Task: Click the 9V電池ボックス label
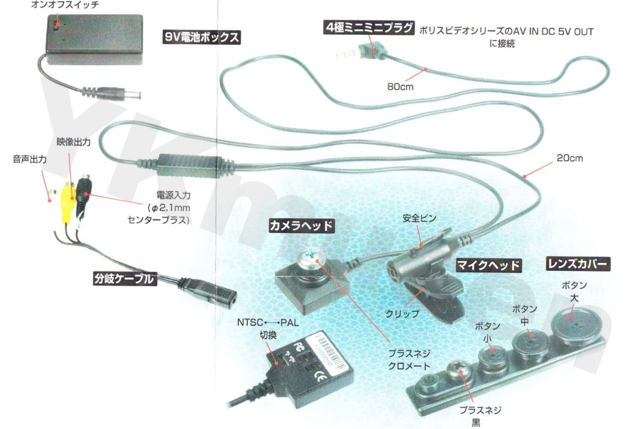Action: [x=201, y=37]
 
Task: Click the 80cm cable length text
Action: [x=400, y=86]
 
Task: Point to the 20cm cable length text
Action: [x=570, y=158]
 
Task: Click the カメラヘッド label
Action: [x=302, y=226]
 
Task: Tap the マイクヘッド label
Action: [x=489, y=265]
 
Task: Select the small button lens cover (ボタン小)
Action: [x=491, y=360]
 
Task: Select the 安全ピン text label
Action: [x=419, y=218]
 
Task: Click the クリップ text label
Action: [x=402, y=313]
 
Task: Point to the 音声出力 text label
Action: [x=30, y=158]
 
